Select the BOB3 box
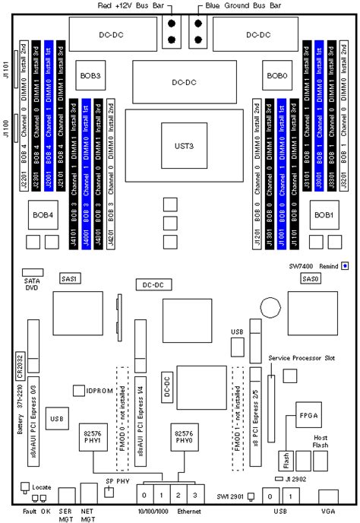93,77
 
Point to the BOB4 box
43,214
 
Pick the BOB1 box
324,214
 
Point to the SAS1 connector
71,279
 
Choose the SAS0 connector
311,279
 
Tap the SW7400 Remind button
345,266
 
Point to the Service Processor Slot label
302,357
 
